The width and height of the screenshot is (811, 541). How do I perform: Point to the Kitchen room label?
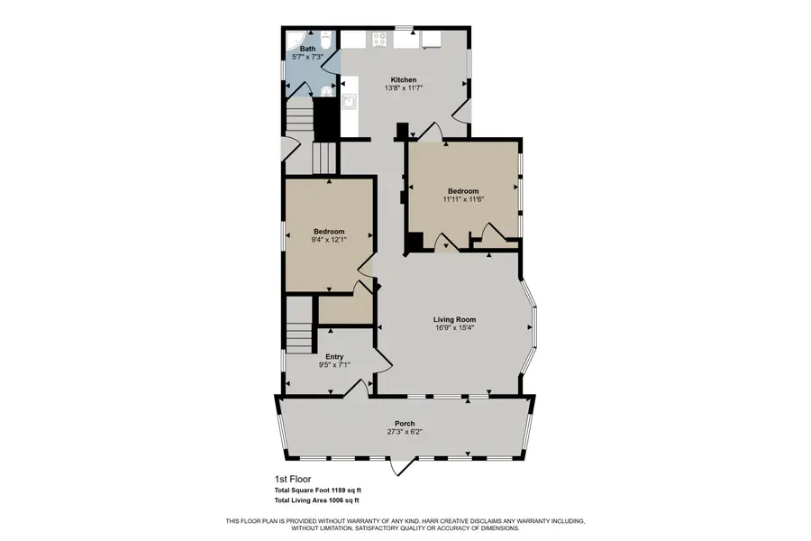403,79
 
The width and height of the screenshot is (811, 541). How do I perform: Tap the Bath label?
308,49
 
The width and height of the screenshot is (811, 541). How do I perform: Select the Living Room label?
454,319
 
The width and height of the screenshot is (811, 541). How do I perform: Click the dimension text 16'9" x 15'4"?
454,328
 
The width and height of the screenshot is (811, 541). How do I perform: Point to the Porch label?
404,423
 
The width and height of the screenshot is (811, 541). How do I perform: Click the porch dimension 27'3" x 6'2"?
404,432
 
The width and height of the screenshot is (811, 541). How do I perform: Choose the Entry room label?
333,356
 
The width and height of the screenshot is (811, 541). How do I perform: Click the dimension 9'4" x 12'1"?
329,240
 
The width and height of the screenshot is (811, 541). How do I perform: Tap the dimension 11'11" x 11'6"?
463,199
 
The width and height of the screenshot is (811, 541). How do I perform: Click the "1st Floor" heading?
294,479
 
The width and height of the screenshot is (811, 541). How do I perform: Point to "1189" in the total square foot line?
339,490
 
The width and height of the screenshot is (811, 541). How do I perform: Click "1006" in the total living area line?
339,500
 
